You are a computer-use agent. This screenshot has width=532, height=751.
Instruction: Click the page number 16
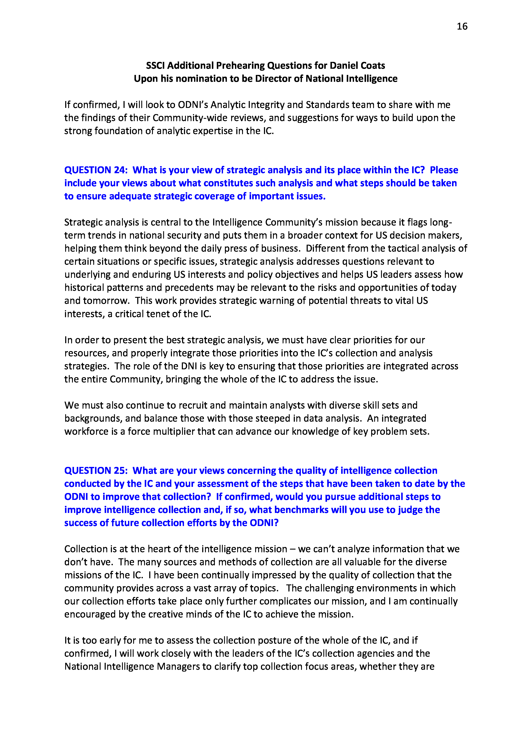tap(462, 26)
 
